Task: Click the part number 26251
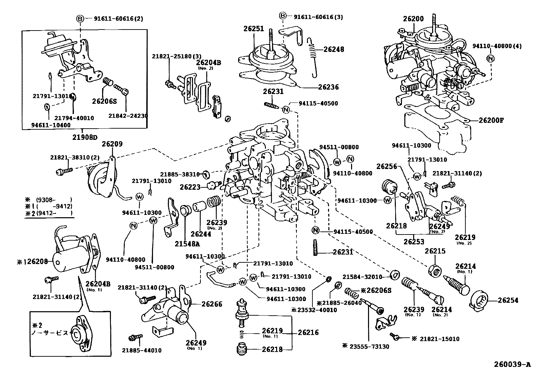(x=253, y=29)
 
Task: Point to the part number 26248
(x=333, y=50)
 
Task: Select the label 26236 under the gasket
(x=328, y=87)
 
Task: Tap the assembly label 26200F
(x=491, y=120)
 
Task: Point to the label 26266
(x=212, y=304)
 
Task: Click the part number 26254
(x=508, y=300)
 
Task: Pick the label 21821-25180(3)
(x=172, y=56)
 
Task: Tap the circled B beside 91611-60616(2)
(x=80, y=19)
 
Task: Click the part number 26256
(x=387, y=166)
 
